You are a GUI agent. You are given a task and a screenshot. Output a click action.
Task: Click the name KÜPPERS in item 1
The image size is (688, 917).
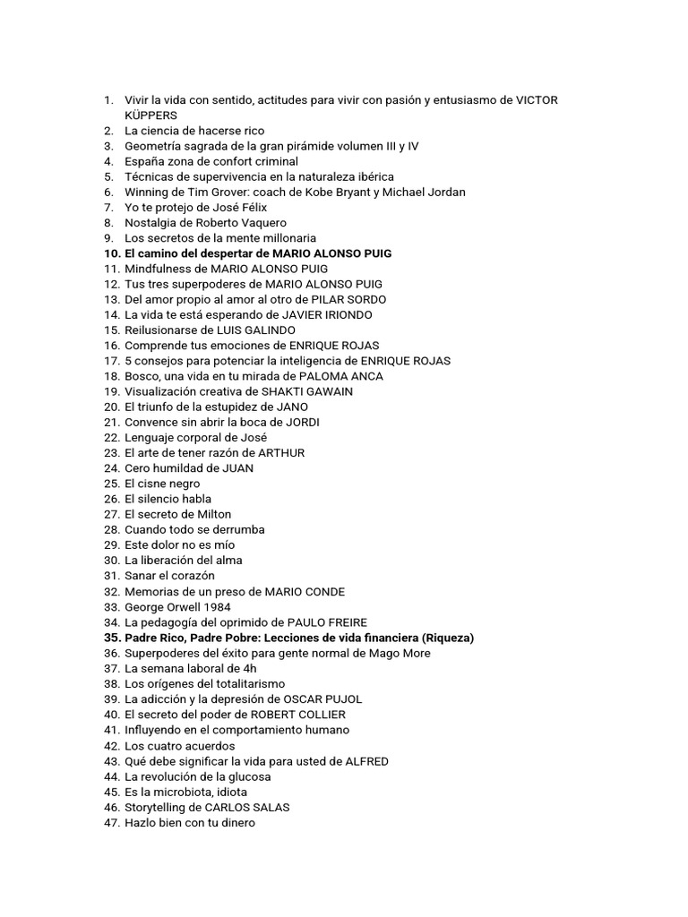(150, 116)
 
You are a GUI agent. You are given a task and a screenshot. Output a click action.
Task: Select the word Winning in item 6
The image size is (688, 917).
(148, 192)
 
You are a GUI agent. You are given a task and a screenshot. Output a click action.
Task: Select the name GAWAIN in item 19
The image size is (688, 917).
(328, 391)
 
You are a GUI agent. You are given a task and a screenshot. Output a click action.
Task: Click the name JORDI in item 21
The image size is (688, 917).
(302, 422)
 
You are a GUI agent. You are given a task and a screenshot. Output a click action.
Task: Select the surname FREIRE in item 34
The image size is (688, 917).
(342, 622)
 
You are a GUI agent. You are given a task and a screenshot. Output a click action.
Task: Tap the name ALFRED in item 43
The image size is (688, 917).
(364, 760)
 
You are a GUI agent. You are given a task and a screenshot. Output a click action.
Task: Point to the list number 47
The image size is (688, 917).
(111, 822)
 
